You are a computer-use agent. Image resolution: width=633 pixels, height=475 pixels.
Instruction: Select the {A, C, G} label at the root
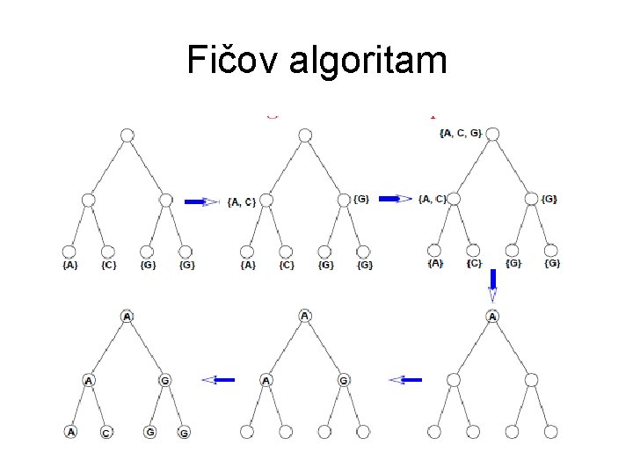[x=461, y=133]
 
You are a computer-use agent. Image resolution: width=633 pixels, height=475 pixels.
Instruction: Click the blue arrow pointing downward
[x=493, y=285]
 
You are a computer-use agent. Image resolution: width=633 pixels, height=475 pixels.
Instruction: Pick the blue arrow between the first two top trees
[x=201, y=201]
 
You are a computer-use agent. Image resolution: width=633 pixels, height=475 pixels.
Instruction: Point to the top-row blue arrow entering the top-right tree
[x=395, y=199]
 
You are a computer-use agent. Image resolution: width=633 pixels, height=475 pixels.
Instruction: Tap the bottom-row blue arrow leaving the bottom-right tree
[x=405, y=380]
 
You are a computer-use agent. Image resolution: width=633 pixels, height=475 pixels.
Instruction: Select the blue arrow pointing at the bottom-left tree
[x=218, y=380]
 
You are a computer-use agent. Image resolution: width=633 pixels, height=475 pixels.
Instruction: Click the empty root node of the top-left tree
[x=127, y=135]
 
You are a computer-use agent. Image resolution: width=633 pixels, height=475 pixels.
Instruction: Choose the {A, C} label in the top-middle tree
[x=241, y=201]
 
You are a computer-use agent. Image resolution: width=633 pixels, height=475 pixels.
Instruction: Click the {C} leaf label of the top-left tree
[x=108, y=264]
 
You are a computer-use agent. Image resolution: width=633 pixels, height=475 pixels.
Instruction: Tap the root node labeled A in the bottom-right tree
[x=493, y=316]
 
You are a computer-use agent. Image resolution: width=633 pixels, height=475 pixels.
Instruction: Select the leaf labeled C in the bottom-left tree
[x=106, y=433]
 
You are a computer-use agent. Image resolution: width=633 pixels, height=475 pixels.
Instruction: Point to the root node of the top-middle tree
[x=304, y=135]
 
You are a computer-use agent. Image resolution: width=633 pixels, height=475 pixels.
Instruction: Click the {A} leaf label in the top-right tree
[x=435, y=263]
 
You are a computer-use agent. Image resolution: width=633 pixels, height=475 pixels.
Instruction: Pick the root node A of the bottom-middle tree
[x=304, y=316]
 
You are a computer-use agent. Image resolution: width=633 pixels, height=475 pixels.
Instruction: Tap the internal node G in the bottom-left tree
[x=164, y=380]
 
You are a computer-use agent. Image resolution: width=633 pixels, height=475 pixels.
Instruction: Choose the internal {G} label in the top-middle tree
[x=361, y=199]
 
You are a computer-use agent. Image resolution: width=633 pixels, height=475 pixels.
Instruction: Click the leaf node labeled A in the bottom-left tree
[x=70, y=431]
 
